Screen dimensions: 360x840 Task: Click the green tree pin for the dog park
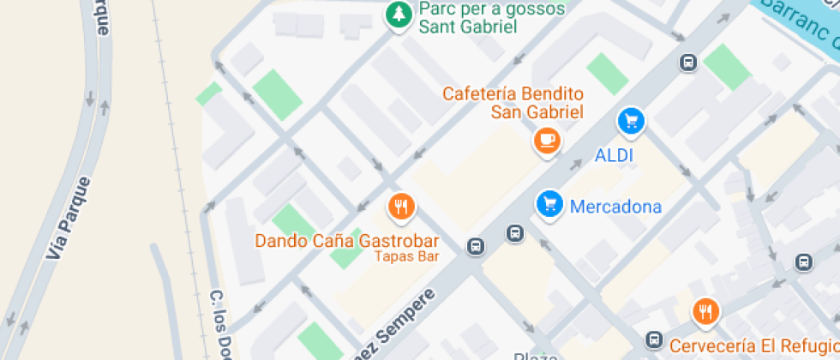(x=397, y=14)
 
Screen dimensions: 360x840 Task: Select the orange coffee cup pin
(x=547, y=140)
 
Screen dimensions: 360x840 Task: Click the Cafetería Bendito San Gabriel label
(x=513, y=102)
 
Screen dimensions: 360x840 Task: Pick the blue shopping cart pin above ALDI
(x=632, y=121)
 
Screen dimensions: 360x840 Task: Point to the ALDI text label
(x=614, y=156)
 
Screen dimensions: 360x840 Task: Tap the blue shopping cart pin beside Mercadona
(x=549, y=204)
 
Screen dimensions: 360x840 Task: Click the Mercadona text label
(x=615, y=207)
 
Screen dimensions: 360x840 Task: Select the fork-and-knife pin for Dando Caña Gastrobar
(x=401, y=206)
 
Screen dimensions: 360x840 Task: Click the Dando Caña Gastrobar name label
(x=347, y=241)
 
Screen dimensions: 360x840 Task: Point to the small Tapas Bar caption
(x=406, y=256)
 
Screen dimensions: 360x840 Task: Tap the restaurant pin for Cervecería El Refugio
(x=705, y=311)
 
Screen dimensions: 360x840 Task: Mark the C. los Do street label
(x=222, y=323)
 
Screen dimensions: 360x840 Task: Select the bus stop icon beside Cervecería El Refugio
(x=655, y=339)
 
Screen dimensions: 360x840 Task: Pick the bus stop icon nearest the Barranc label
(x=687, y=62)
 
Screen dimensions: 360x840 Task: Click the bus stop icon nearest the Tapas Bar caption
(x=476, y=248)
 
